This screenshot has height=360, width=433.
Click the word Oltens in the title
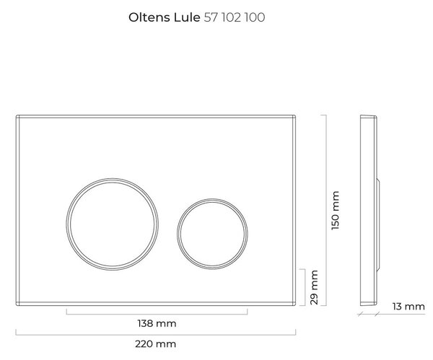[x=149, y=17]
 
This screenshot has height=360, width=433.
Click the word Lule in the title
[x=187, y=17]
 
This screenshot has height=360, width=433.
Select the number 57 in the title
[x=211, y=17]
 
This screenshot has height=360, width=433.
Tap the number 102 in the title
[x=232, y=17]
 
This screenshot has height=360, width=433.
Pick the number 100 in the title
[x=255, y=17]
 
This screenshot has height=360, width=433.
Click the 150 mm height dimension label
[x=335, y=211]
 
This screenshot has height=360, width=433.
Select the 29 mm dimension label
[x=314, y=287]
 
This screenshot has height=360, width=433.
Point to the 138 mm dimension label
[x=157, y=323]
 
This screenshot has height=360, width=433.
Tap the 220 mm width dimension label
[x=155, y=344]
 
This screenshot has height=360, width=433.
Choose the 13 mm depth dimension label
[x=408, y=307]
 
